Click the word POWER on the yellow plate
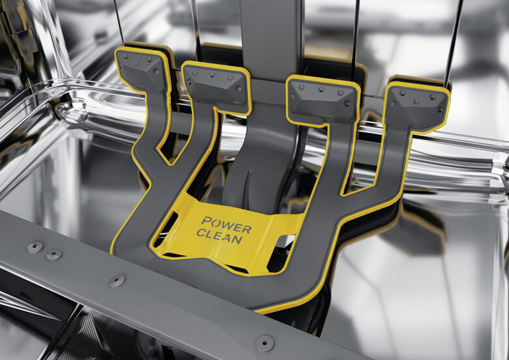coord(226,225)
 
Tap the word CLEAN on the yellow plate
coord(220,236)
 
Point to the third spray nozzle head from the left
coord(322,100)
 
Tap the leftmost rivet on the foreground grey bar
coord(35,247)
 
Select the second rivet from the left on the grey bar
coord(54,255)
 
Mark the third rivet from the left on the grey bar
coord(117,281)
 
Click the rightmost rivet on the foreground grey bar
coord(264,343)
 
